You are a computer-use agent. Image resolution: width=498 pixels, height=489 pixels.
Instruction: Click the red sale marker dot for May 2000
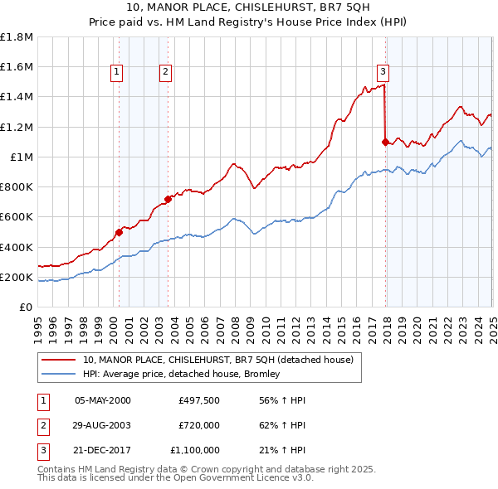[x=119, y=232]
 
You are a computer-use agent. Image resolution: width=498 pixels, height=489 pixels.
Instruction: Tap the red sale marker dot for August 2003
[x=168, y=199]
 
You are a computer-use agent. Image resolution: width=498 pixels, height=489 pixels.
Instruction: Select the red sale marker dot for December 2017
[x=385, y=142]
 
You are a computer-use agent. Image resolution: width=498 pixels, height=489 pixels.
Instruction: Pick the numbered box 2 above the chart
[x=165, y=72]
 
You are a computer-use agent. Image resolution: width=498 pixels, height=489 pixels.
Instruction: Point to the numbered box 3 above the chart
[x=383, y=72]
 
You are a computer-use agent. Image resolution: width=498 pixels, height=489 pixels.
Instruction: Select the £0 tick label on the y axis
[x=27, y=307]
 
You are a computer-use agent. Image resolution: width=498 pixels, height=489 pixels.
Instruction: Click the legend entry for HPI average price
[x=181, y=374]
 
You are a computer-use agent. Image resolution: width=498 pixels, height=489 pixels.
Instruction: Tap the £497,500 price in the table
[x=199, y=400]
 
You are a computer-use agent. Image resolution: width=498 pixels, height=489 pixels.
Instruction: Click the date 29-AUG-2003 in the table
[x=102, y=425]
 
